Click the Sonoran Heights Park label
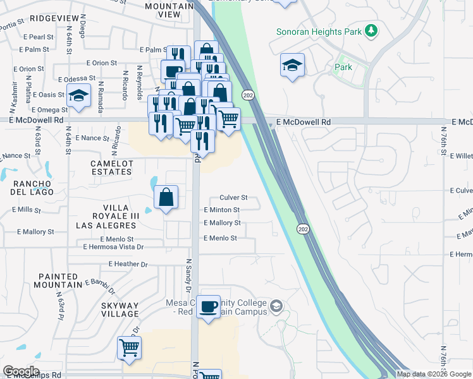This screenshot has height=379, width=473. pos(321,31)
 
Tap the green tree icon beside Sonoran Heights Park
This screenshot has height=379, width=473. pos(373,30)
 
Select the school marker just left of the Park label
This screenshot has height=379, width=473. pos(292,65)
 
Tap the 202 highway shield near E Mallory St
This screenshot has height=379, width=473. pos(304,229)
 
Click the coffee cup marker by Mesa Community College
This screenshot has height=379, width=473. pos(209,308)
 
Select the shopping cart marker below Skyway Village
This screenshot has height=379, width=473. pos(129,347)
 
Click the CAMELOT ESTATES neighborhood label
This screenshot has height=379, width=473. pos(113,167)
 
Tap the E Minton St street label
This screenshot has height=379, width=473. pos(221,210)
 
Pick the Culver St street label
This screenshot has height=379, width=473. pos(233,198)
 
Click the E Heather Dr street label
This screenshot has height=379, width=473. pos(128,264)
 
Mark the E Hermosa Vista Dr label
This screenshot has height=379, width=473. pos(114,247)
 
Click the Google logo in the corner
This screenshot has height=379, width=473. pos(21,371)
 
